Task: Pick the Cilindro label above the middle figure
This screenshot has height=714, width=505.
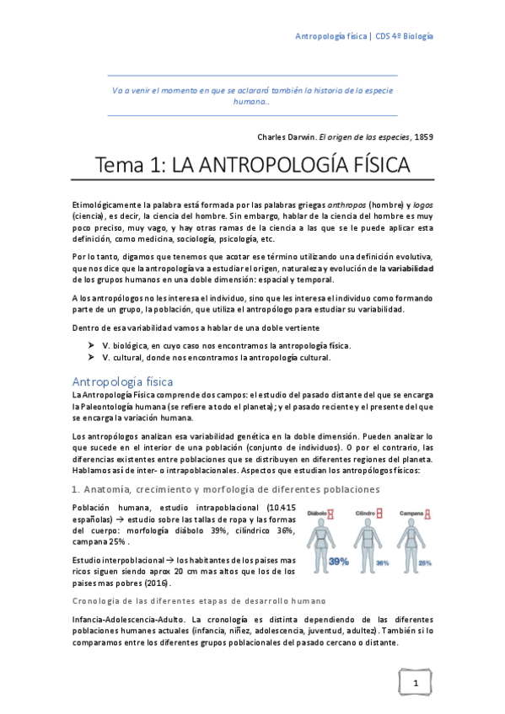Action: point(366,513)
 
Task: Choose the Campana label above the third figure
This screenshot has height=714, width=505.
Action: point(411,513)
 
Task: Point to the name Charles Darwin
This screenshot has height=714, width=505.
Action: point(285,135)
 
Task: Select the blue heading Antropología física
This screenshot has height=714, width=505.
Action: point(122,381)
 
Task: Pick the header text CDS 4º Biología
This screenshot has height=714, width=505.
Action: point(404,37)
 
